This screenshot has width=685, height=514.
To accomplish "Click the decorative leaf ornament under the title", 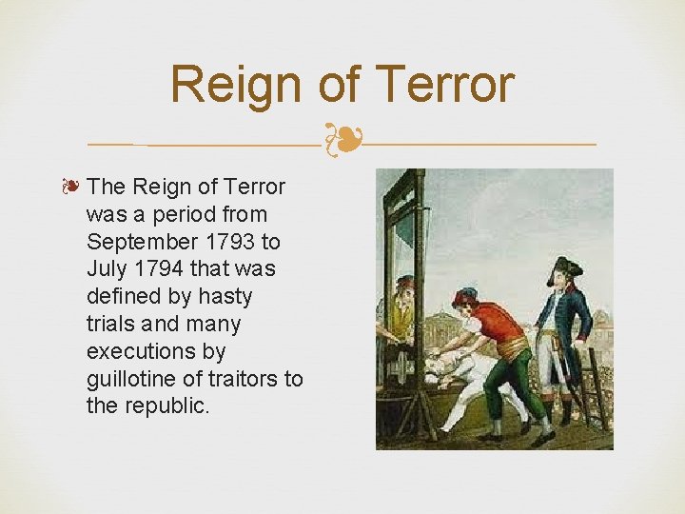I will pos(342,140).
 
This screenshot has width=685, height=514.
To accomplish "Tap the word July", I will pos(107,269).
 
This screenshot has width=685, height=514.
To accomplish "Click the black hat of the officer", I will pos(569,266).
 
